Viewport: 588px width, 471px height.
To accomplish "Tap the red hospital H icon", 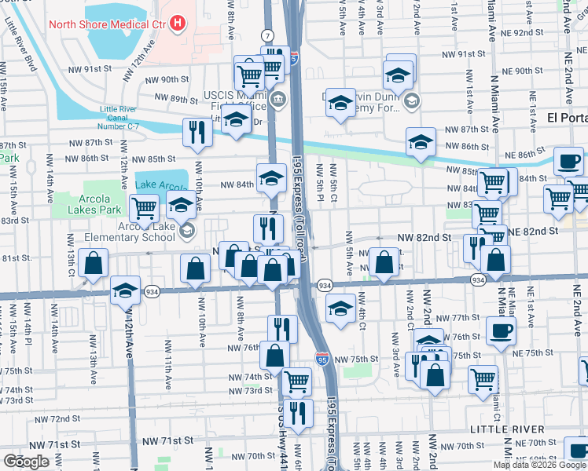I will coord(178,24).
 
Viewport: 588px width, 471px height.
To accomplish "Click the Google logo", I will coord(27,462).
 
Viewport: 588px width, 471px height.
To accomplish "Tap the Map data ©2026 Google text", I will coord(538,465).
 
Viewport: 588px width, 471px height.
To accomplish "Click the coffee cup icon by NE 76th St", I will coord(500,330).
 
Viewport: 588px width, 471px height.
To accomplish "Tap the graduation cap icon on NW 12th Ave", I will coord(125,290).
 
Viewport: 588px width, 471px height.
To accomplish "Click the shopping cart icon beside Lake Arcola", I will coord(144,208).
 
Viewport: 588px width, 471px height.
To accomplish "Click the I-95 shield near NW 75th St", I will coord(322,359).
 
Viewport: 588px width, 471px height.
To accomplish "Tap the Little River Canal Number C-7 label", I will coord(126,115).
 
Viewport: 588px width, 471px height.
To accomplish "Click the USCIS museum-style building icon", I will coord(277,99).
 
